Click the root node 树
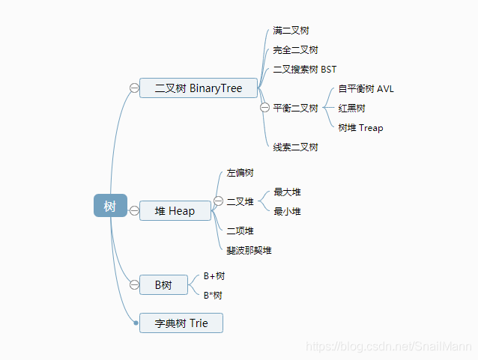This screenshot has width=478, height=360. [110, 206]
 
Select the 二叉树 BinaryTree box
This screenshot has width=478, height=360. [199, 88]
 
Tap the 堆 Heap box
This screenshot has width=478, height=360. [175, 211]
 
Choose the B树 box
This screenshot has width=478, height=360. [163, 284]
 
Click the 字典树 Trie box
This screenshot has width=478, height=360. [181, 323]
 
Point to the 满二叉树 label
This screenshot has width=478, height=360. [291, 31]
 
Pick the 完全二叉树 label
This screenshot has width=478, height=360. [295, 50]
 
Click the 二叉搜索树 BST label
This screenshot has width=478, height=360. [305, 70]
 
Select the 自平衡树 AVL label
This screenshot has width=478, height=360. [366, 89]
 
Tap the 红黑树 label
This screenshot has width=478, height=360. [351, 109]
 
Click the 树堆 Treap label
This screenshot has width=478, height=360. [360, 128]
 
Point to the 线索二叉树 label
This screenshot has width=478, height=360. [295, 147]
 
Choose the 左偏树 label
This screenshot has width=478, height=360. [240, 173]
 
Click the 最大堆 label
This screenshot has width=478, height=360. [287, 192]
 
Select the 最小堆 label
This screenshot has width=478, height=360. [287, 212]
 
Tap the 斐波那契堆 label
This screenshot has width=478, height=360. [249, 250]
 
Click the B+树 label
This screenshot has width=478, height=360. [214, 275]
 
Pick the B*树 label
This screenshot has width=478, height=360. [213, 296]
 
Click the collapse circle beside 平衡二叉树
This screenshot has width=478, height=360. [264, 108]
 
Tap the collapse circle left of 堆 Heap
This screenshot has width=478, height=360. [134, 211]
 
